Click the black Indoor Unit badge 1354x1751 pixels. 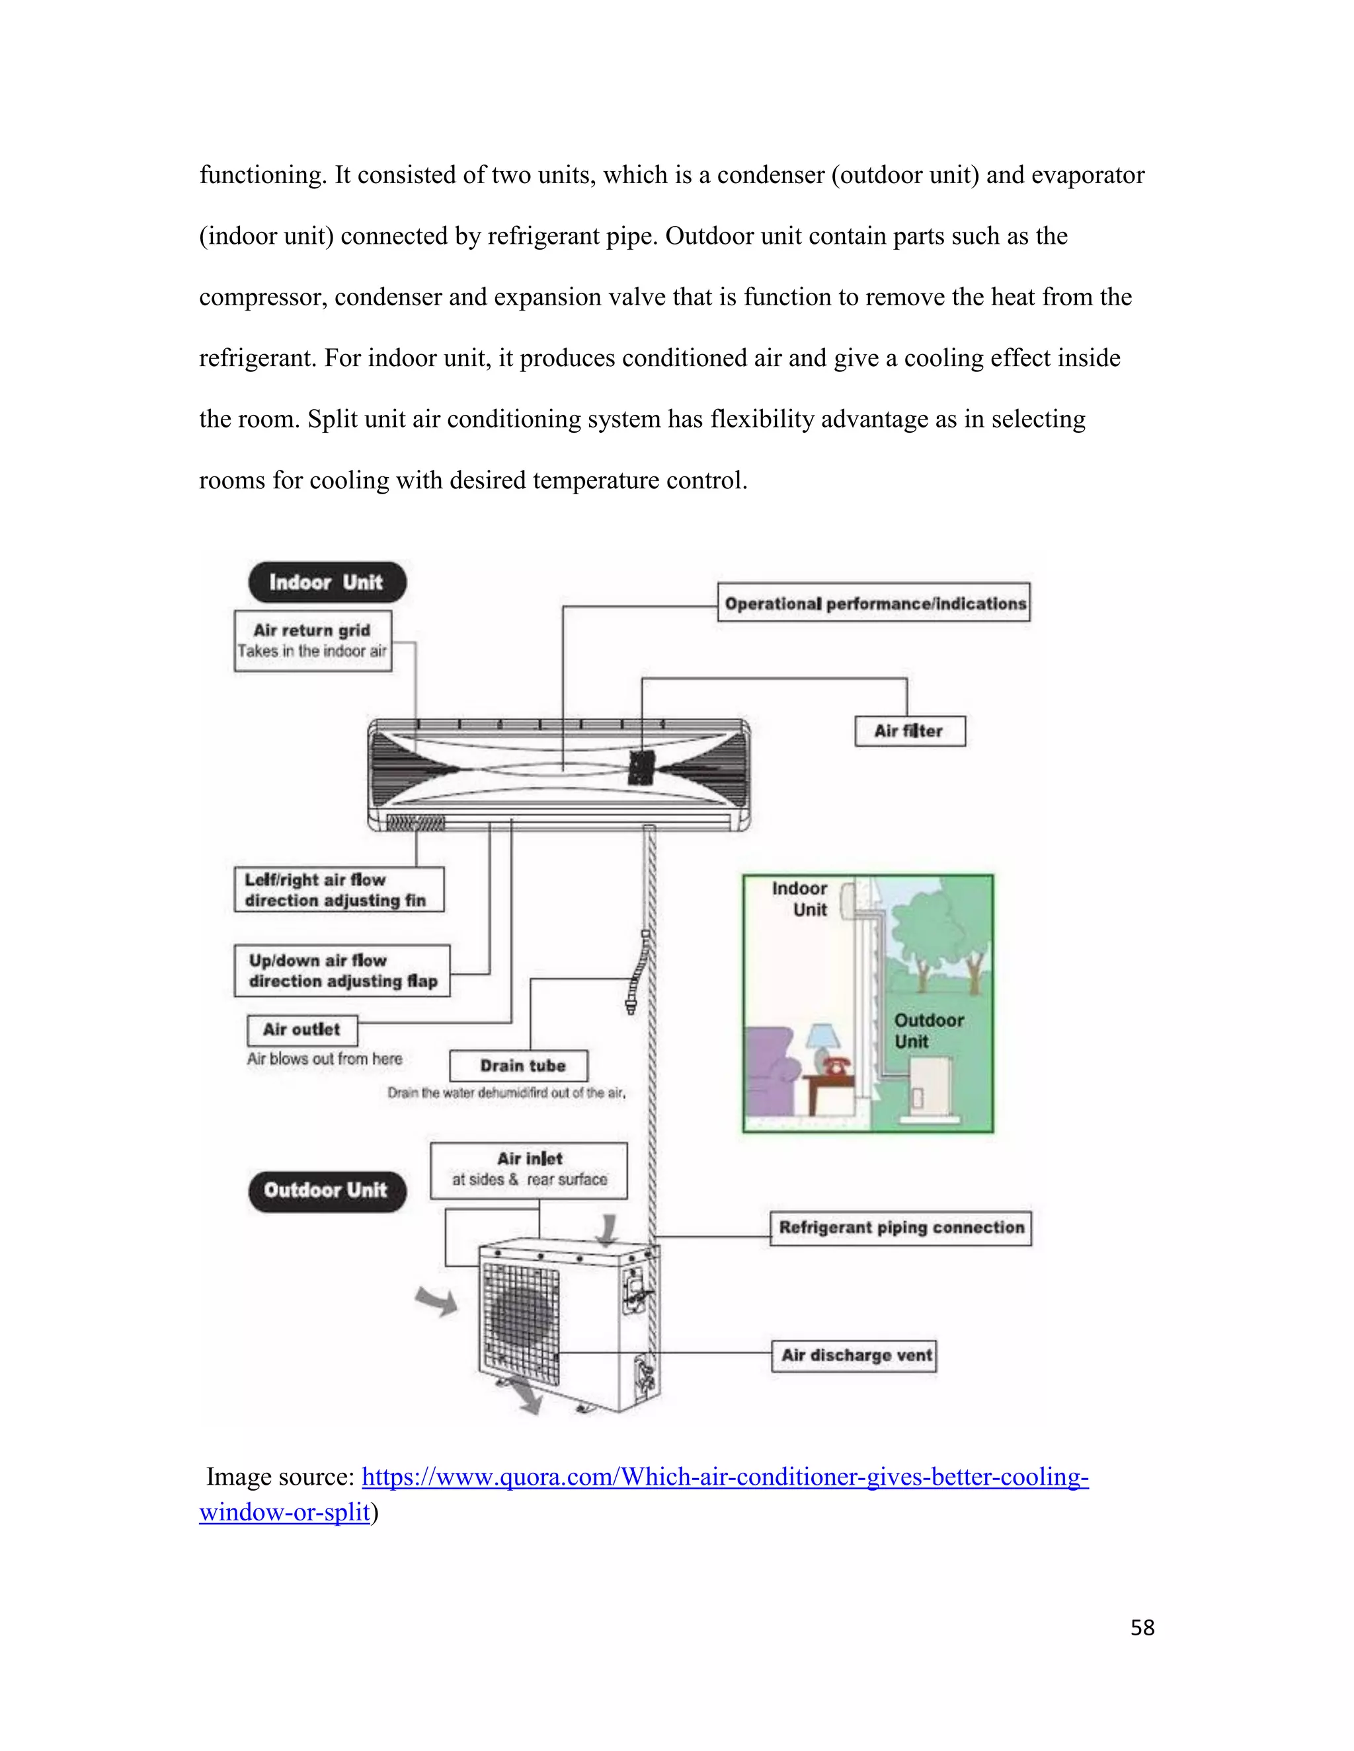[x=327, y=582]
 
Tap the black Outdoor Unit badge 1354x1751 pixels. [x=327, y=1191]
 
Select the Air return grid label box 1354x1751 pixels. [x=313, y=640]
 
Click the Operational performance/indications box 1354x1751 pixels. [x=873, y=603]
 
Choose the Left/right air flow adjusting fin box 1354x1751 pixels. [x=338, y=889]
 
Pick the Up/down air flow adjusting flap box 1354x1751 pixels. [x=342, y=970]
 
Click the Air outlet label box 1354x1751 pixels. [x=302, y=1029]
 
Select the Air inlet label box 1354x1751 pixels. [x=529, y=1170]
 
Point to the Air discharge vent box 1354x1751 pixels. [x=854, y=1356]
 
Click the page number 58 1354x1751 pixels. [x=1142, y=1627]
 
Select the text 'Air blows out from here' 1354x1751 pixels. [x=324, y=1059]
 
